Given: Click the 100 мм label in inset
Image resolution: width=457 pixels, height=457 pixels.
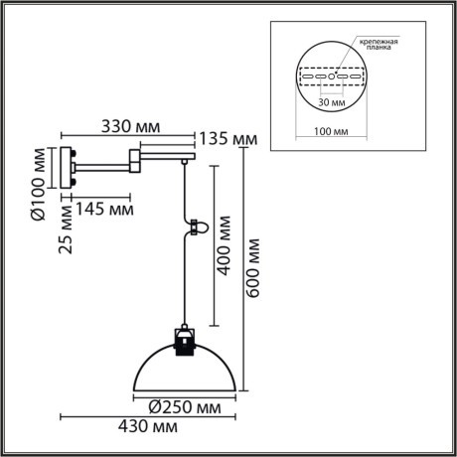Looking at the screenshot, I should click(331, 129).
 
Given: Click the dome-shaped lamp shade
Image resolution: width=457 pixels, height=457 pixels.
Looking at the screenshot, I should click(183, 376).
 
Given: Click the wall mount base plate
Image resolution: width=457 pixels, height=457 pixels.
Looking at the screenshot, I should click(67, 167).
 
